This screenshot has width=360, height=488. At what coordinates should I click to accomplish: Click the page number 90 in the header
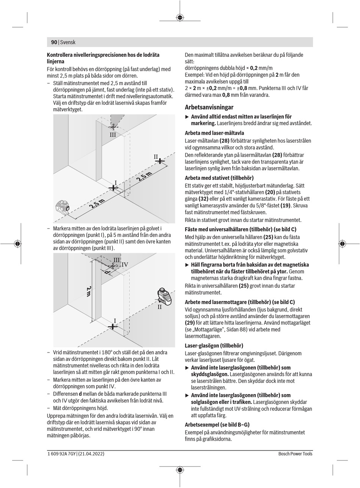click(x=54, y=42)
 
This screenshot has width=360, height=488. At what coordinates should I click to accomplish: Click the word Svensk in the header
click(x=68, y=42)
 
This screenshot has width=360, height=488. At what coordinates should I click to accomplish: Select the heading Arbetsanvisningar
click(x=209, y=107)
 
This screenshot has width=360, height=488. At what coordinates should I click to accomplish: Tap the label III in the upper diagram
click(x=113, y=135)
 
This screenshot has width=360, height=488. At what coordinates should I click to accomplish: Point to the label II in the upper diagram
click(x=156, y=157)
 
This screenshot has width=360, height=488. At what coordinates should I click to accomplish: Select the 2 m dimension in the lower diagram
click(x=89, y=292)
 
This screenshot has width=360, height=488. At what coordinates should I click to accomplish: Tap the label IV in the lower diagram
click(x=125, y=265)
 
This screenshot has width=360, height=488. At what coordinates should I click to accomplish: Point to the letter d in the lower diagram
click(x=107, y=272)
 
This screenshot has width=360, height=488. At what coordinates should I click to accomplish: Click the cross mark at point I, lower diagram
click(x=113, y=326)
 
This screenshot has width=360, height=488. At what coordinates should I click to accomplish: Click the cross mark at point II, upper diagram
click(x=160, y=161)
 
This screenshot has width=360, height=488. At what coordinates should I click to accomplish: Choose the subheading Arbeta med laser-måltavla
click(x=214, y=133)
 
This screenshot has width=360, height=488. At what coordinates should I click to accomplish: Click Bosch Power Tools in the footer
click(x=295, y=454)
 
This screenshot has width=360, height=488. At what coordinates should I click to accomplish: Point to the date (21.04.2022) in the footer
click(x=91, y=454)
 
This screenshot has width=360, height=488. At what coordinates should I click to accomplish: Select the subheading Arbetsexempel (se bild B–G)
click(x=217, y=424)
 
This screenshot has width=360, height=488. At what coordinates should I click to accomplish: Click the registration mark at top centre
click(x=180, y=17)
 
